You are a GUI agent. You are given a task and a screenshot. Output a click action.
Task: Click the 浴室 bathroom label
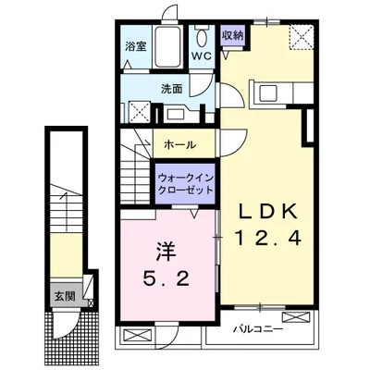135,44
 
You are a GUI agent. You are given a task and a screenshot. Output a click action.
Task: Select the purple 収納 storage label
232,35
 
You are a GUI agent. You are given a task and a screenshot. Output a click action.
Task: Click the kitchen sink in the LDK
271,93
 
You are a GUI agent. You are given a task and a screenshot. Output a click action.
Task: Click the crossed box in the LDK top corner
302,38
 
